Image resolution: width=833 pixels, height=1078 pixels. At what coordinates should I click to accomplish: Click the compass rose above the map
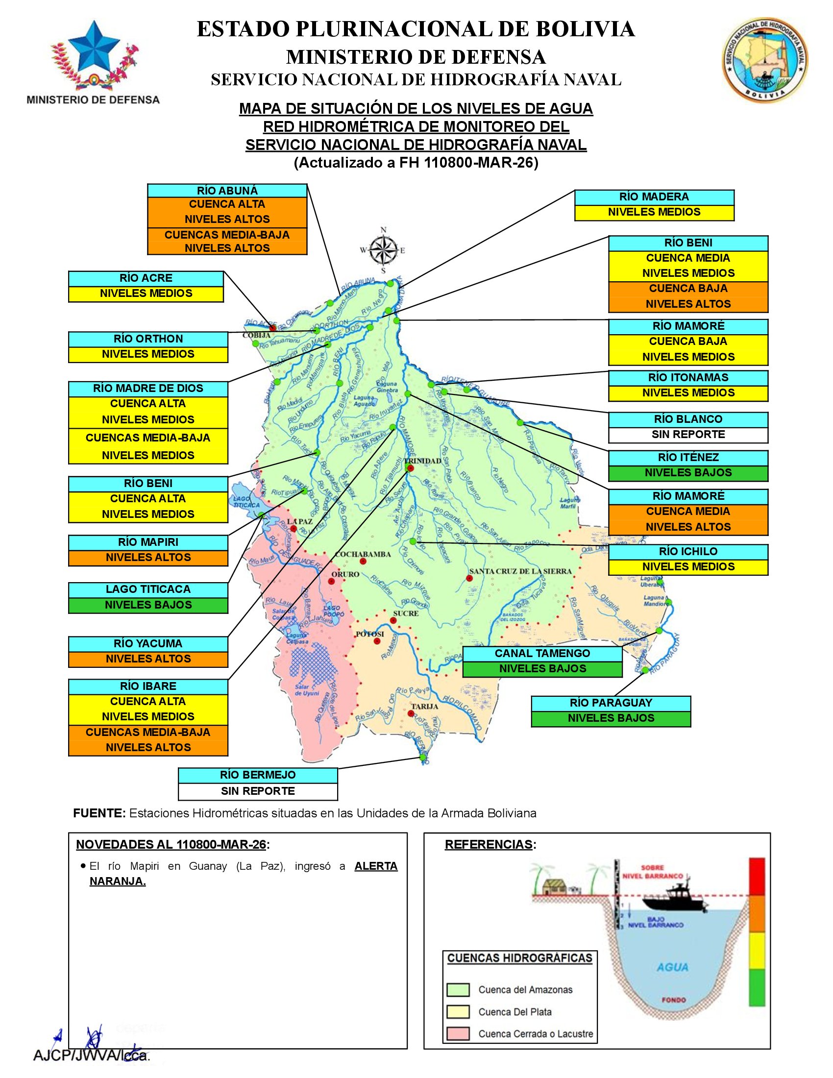pyautogui.click(x=384, y=250)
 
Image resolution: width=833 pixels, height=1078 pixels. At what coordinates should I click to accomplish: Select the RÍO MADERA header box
pyautogui.click(x=654, y=197)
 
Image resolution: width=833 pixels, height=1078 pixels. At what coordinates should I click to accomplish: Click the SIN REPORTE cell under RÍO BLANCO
pyautogui.click(x=688, y=434)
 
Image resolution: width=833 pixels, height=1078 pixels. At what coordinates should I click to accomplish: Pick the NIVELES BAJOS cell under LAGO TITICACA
pyautogui.click(x=148, y=605)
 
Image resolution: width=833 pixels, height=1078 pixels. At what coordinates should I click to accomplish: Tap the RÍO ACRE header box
pyautogui.click(x=146, y=278)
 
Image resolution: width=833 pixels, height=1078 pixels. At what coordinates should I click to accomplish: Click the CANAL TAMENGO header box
pyautogui.click(x=542, y=654)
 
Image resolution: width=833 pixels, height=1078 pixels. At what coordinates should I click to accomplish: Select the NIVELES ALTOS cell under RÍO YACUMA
pyautogui.click(x=148, y=659)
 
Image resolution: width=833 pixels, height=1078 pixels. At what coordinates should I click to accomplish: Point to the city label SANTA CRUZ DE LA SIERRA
pyautogui.click(x=520, y=571)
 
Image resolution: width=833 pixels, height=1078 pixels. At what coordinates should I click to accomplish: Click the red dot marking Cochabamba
pyautogui.click(x=363, y=562)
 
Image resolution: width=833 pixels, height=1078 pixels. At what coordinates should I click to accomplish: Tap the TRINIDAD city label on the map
pyautogui.click(x=423, y=461)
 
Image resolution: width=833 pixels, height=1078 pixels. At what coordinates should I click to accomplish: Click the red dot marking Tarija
pyautogui.click(x=411, y=713)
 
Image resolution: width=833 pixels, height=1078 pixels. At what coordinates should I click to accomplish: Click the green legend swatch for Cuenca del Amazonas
pyautogui.click(x=458, y=990)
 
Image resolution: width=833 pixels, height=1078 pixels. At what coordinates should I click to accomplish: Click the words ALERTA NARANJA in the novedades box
pyautogui.click(x=375, y=866)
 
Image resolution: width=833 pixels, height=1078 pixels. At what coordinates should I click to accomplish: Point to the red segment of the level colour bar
pyautogui.click(x=757, y=876)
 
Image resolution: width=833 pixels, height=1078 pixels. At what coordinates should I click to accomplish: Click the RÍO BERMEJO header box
pyautogui.click(x=258, y=776)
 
